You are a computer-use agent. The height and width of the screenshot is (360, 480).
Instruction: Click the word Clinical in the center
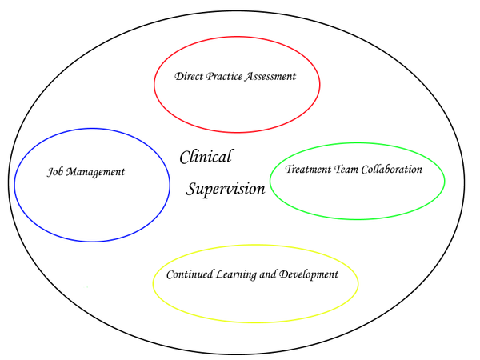(x=206, y=157)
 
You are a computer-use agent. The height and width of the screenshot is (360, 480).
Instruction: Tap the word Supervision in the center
(x=226, y=190)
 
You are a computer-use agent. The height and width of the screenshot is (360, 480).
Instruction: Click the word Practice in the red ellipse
(x=225, y=77)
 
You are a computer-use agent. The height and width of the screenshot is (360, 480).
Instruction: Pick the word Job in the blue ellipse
(x=54, y=172)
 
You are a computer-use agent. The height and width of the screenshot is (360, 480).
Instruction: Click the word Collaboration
(x=394, y=170)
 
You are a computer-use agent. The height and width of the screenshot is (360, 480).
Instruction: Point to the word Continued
(x=190, y=274)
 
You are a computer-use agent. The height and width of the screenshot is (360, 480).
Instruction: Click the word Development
(x=306, y=274)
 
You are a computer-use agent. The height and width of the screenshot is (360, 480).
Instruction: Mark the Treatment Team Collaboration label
(x=354, y=170)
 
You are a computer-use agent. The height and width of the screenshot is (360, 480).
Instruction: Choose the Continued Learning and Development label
(x=252, y=274)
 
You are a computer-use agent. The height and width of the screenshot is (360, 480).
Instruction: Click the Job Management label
(x=86, y=172)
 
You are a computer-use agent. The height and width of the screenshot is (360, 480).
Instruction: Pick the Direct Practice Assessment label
(x=235, y=77)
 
